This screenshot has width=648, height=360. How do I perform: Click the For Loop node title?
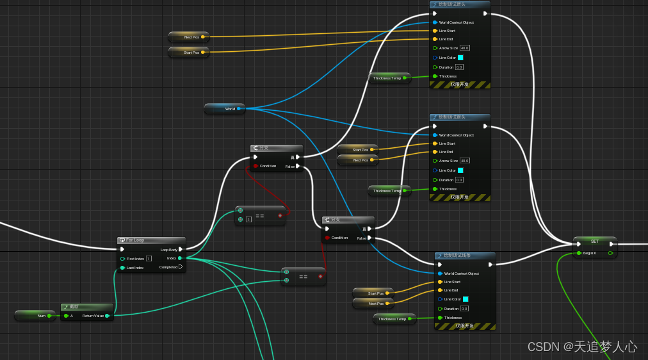[135, 240]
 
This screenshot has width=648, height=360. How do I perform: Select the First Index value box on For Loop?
[149, 258]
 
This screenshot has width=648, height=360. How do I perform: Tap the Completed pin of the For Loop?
[181, 267]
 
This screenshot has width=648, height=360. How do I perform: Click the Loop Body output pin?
[181, 249]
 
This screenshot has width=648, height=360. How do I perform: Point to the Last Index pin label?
[135, 268]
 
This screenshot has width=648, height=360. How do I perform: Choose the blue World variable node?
[224, 108]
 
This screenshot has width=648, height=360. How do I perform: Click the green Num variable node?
[36, 315]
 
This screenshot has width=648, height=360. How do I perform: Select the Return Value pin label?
[93, 316]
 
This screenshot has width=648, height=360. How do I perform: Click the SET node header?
[594, 241]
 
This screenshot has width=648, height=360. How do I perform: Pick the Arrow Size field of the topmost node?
[465, 48]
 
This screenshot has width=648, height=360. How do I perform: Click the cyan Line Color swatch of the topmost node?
[460, 58]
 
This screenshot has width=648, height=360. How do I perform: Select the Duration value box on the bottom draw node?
[465, 309]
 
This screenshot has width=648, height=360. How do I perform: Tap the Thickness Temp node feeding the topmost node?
[391, 78]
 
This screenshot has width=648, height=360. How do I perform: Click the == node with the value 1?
[260, 216]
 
